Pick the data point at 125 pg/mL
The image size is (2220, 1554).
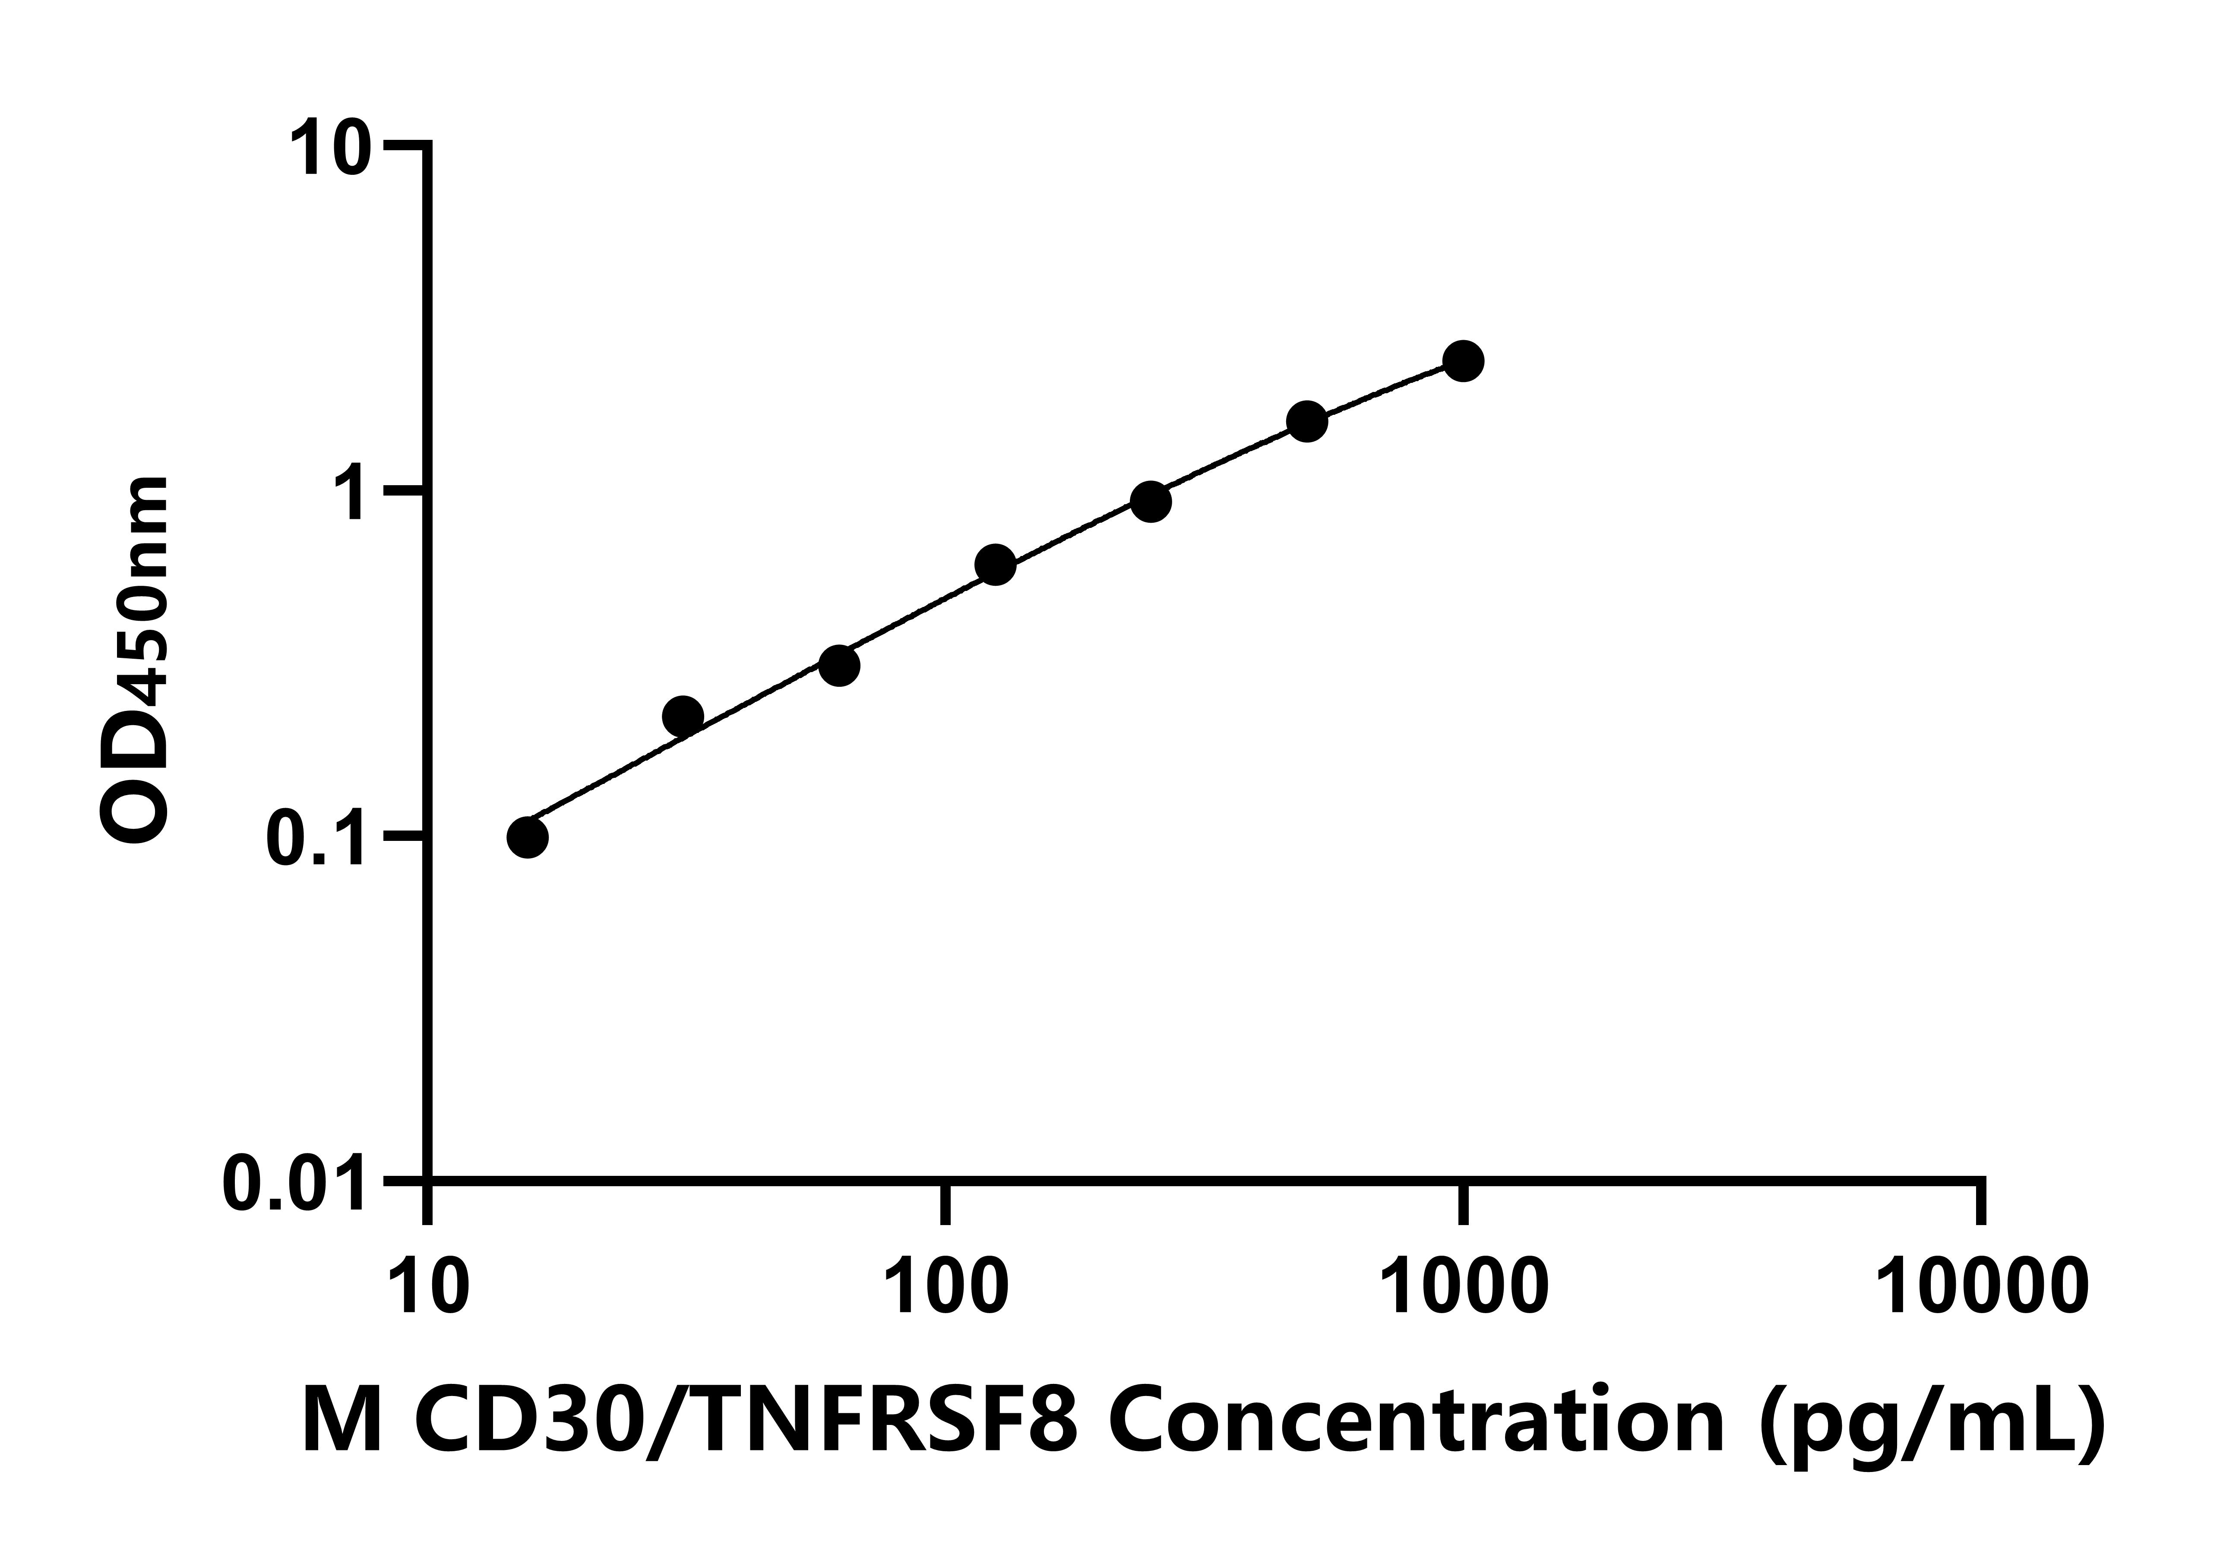point(995,565)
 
